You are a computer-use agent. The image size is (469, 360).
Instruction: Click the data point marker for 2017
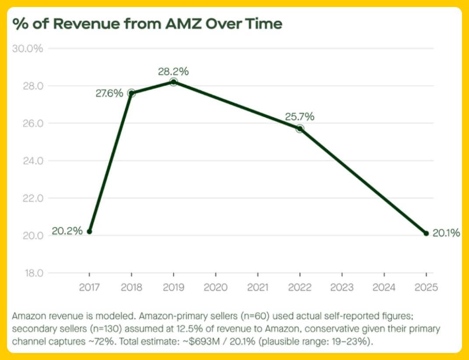[x=89, y=231]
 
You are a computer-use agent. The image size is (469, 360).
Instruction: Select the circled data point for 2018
[x=131, y=93]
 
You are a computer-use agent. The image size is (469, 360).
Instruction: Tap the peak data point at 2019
[x=174, y=82]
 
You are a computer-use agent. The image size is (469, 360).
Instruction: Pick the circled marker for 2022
[x=300, y=129]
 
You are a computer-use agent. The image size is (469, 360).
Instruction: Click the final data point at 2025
[x=426, y=233]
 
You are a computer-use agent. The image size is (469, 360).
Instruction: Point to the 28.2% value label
[x=174, y=71]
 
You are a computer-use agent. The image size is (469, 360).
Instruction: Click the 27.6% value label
[x=109, y=93]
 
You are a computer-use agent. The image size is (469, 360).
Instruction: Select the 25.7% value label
[x=300, y=117]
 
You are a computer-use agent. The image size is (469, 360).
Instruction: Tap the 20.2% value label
[x=67, y=231]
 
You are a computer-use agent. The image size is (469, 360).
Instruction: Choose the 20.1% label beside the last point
[x=446, y=233]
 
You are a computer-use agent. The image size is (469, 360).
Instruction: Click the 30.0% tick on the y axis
[x=28, y=48]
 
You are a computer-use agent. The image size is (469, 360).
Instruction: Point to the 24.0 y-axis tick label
[x=32, y=161]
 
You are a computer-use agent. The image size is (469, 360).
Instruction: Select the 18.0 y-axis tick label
[x=32, y=273]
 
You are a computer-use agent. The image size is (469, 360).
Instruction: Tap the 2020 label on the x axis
[x=216, y=287]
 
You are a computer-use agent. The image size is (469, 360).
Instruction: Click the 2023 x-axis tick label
[x=342, y=287]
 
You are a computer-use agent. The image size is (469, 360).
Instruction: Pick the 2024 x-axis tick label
[x=384, y=287]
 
